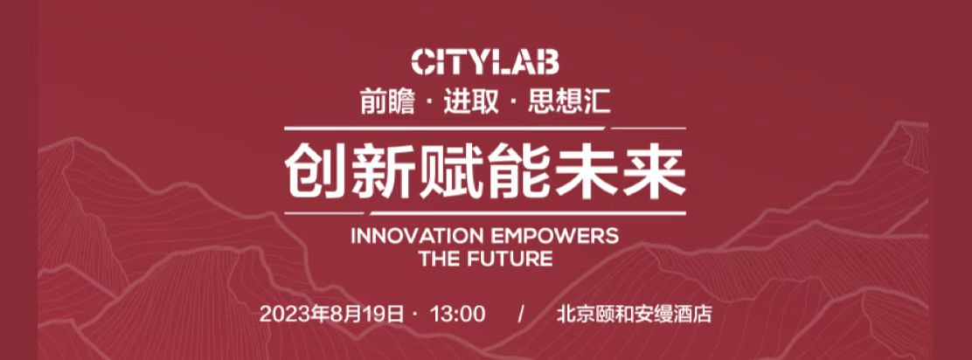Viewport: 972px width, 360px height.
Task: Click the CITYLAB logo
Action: (x=485, y=63)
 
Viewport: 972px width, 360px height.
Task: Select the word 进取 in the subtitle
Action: (x=471, y=102)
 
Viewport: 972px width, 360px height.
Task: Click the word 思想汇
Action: (x=569, y=102)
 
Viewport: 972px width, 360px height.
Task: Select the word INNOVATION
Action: (x=417, y=236)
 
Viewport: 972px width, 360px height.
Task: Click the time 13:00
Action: (x=457, y=314)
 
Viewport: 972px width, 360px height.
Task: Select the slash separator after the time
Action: (x=521, y=314)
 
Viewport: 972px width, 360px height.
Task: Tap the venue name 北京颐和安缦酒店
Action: (x=634, y=314)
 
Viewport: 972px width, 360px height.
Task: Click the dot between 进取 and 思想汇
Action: (x=513, y=103)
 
